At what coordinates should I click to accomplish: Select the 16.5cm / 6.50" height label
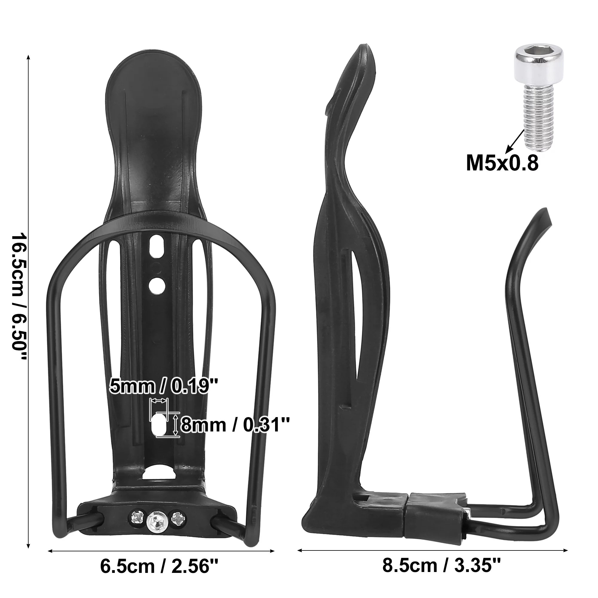[x=19, y=297]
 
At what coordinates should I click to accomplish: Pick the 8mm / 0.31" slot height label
[x=235, y=425]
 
